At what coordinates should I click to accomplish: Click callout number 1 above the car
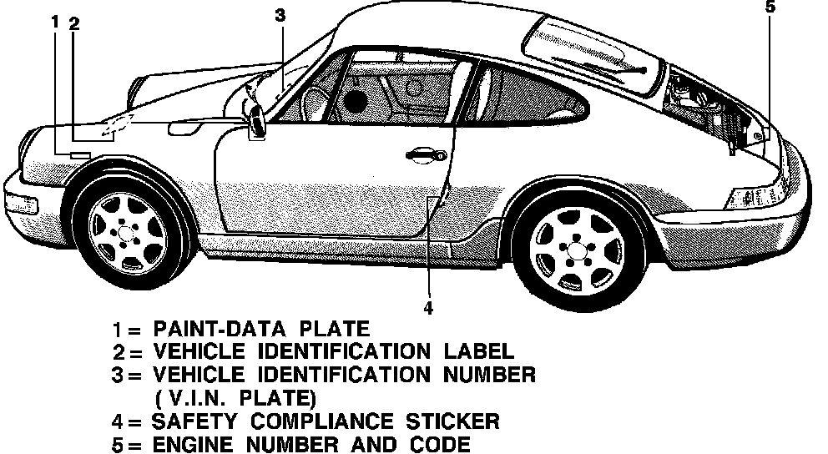[x=55, y=23]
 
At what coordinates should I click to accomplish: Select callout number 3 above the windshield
[x=280, y=14]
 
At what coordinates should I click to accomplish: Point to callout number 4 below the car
[x=427, y=308]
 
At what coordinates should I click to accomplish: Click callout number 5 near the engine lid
[x=770, y=8]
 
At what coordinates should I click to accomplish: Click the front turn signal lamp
[x=20, y=203]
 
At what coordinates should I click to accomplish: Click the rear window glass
[x=593, y=50]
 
